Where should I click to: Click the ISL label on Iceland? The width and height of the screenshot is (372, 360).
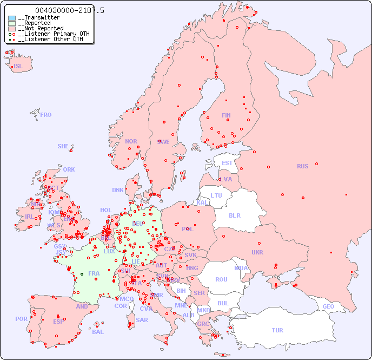pyautogui.click(x=18, y=67)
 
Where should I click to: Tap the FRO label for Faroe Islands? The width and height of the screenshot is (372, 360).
pyautogui.click(x=46, y=115)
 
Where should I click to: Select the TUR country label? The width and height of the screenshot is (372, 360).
pyautogui.click(x=277, y=330)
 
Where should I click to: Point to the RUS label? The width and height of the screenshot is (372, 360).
pyautogui.click(x=302, y=166)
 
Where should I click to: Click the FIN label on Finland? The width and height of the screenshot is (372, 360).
pyautogui.click(x=226, y=115)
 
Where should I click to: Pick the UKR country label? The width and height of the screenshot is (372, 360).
pyautogui.click(x=257, y=252)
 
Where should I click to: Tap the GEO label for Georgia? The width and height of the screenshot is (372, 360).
pyautogui.click(x=328, y=306)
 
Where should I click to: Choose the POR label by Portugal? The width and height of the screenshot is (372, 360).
pyautogui.click(x=21, y=319)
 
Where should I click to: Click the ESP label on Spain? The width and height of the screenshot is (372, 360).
pyautogui.click(x=58, y=321)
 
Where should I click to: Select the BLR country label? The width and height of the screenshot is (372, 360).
pyautogui.click(x=235, y=215)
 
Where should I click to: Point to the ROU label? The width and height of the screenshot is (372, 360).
pyautogui.click(x=221, y=279)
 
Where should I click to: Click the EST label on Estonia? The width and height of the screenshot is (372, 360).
pyautogui.click(x=227, y=163)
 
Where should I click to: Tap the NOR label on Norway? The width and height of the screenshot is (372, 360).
pyautogui.click(x=131, y=141)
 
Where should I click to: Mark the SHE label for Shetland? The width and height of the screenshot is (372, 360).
pyautogui.click(x=63, y=146)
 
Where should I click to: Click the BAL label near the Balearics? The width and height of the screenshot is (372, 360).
pyautogui.click(x=98, y=332)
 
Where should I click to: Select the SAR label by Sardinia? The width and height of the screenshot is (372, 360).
pyautogui.click(x=142, y=320)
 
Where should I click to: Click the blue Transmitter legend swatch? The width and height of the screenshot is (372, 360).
pyautogui.click(x=12, y=18)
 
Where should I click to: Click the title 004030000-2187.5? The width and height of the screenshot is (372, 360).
pyautogui.click(x=70, y=10)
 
